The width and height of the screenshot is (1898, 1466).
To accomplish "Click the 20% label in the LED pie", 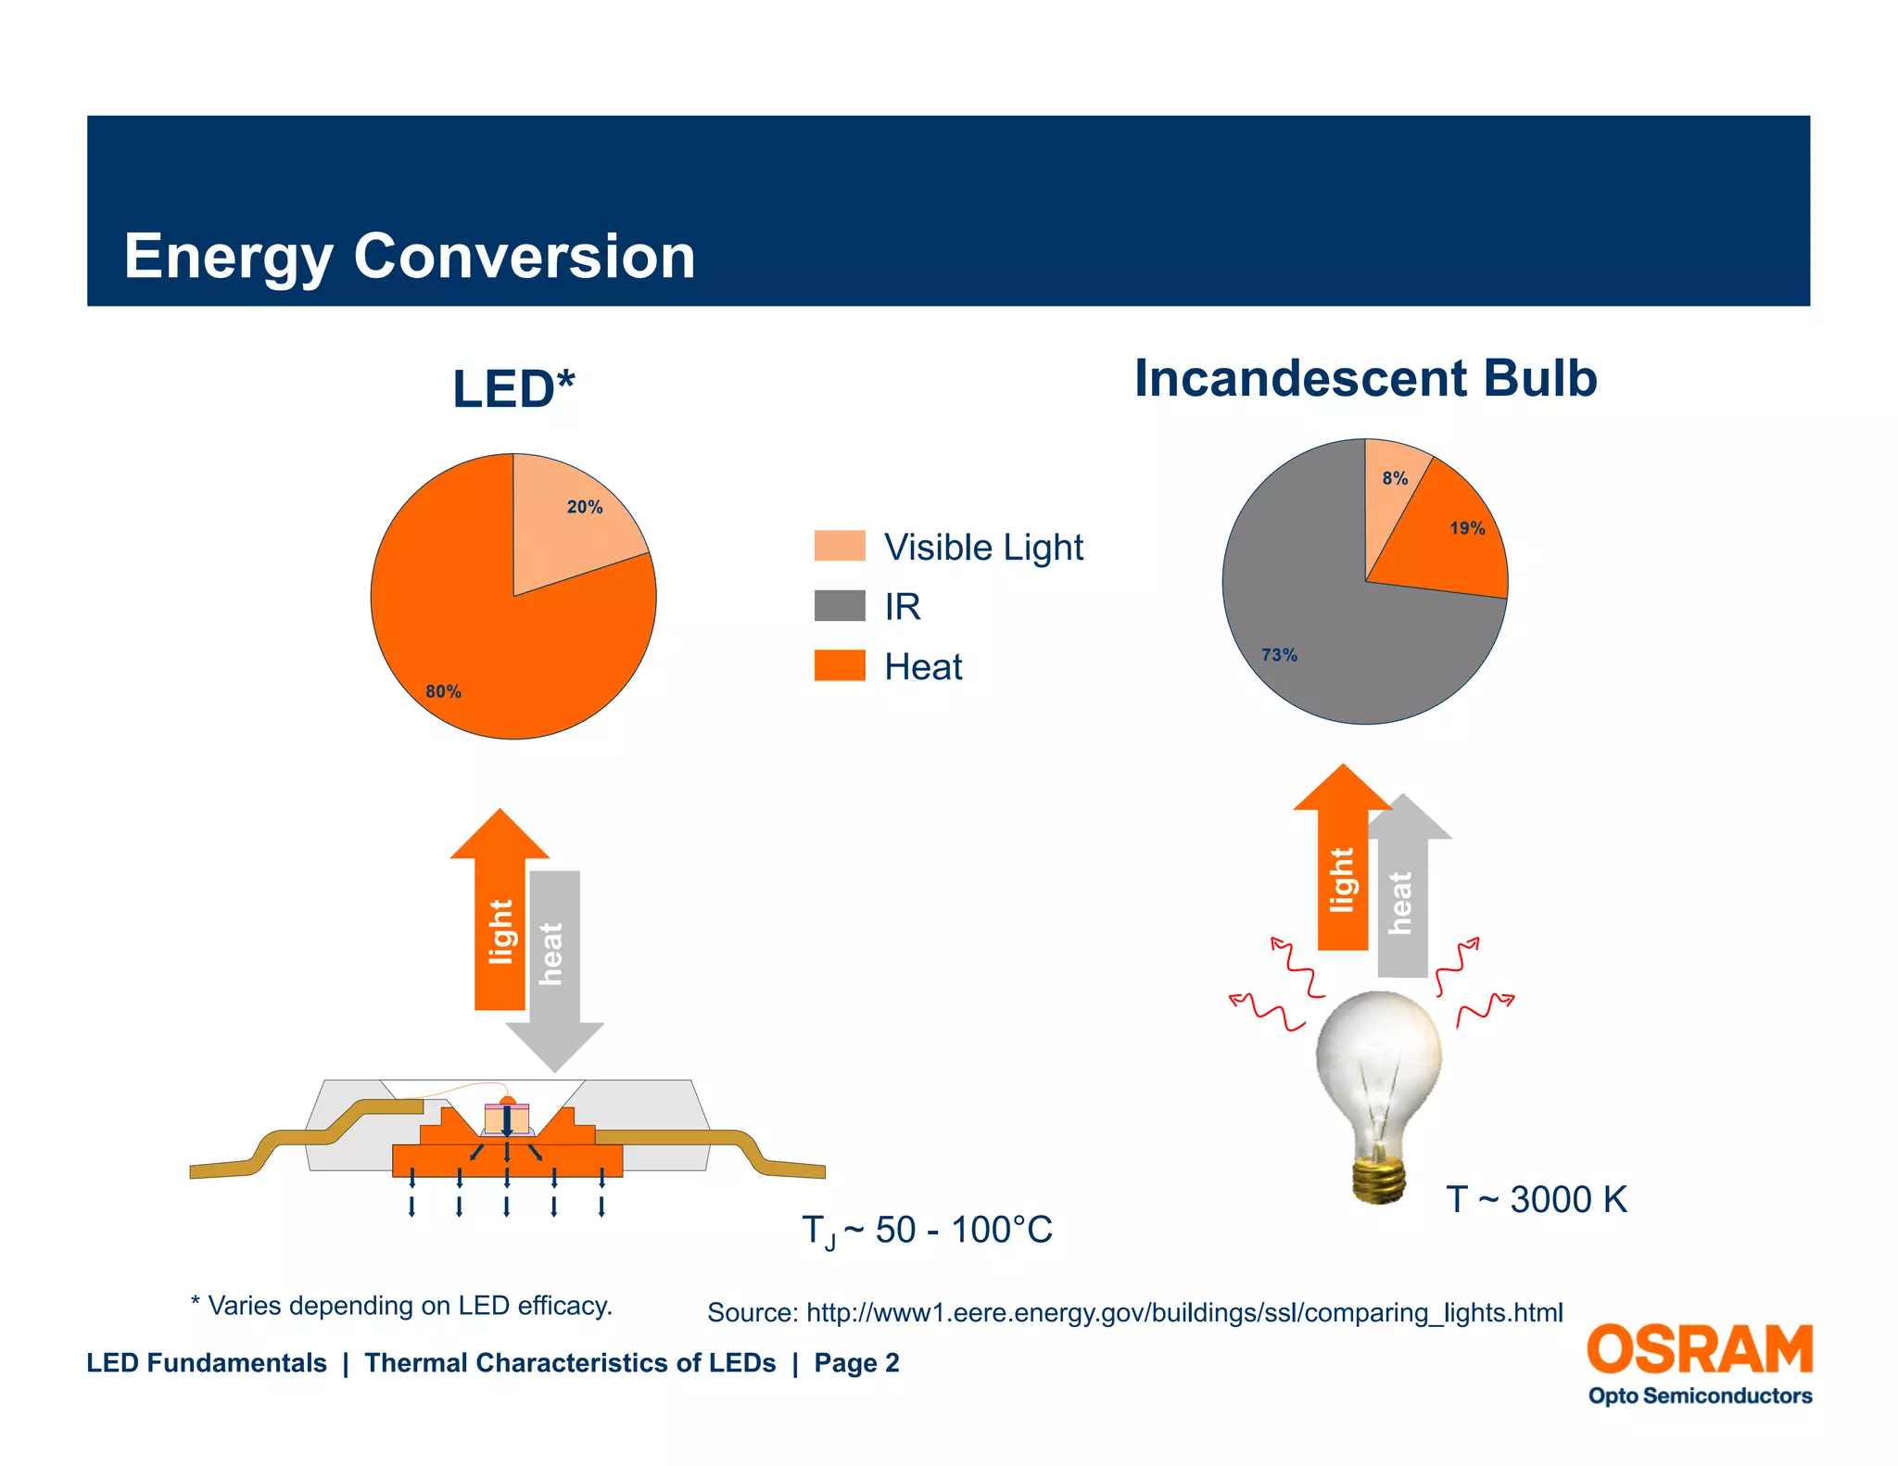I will [x=584, y=507].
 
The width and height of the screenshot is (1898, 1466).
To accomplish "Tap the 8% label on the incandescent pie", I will [x=1395, y=478].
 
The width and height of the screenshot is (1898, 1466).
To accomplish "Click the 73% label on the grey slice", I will [x=1279, y=655].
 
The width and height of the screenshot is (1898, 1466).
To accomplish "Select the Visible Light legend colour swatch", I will [x=840, y=546].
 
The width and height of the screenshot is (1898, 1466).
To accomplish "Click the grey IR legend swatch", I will [x=840, y=606].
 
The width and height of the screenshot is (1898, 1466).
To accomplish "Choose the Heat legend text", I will [x=923, y=666].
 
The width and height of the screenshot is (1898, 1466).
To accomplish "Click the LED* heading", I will [x=513, y=388].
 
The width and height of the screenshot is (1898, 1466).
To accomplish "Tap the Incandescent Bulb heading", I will [x=1365, y=378].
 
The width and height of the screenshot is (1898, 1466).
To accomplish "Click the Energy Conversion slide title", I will [x=409, y=256].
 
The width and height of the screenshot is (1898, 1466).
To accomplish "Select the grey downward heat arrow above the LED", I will [x=555, y=964].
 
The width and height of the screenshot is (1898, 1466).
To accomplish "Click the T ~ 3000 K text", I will [x=1536, y=1199].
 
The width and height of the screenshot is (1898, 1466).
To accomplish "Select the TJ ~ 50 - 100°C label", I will [x=927, y=1231].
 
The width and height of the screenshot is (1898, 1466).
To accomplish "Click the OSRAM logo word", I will [x=1699, y=1349].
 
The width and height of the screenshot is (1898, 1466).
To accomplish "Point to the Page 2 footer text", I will [x=856, y=1363].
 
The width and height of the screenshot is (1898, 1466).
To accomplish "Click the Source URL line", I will [x=1134, y=1312].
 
